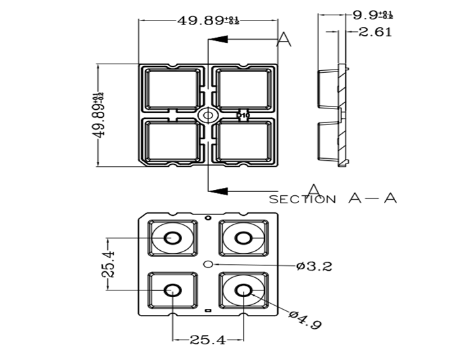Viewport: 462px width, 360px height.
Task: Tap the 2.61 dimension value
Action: coord(375,31)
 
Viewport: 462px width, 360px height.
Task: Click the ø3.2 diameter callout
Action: coord(314,266)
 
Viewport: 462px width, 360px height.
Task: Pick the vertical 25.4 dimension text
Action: coord(109,264)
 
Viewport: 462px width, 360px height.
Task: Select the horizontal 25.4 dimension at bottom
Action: coord(207,340)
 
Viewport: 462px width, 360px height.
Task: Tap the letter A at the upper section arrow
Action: coord(284,39)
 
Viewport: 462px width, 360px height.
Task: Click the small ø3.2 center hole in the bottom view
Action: coord(207,263)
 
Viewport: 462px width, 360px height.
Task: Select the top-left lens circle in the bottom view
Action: coord(174,238)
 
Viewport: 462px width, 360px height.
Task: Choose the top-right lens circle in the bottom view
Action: coord(243,238)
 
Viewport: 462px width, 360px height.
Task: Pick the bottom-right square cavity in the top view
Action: coord(243,141)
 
